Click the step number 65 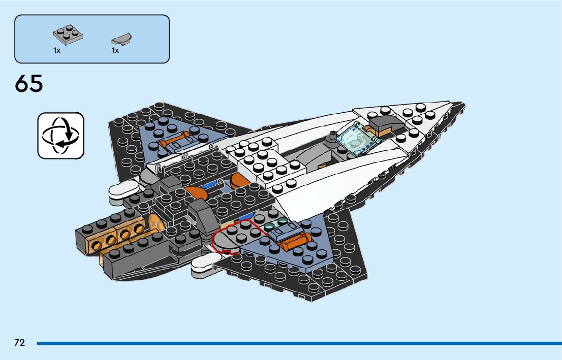[x=29, y=84]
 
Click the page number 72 [x=19, y=343]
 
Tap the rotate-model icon [x=60, y=136]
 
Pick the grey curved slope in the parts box [x=121, y=39]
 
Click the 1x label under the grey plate [x=57, y=51]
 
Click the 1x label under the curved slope [x=115, y=51]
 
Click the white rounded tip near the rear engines [x=122, y=190]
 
